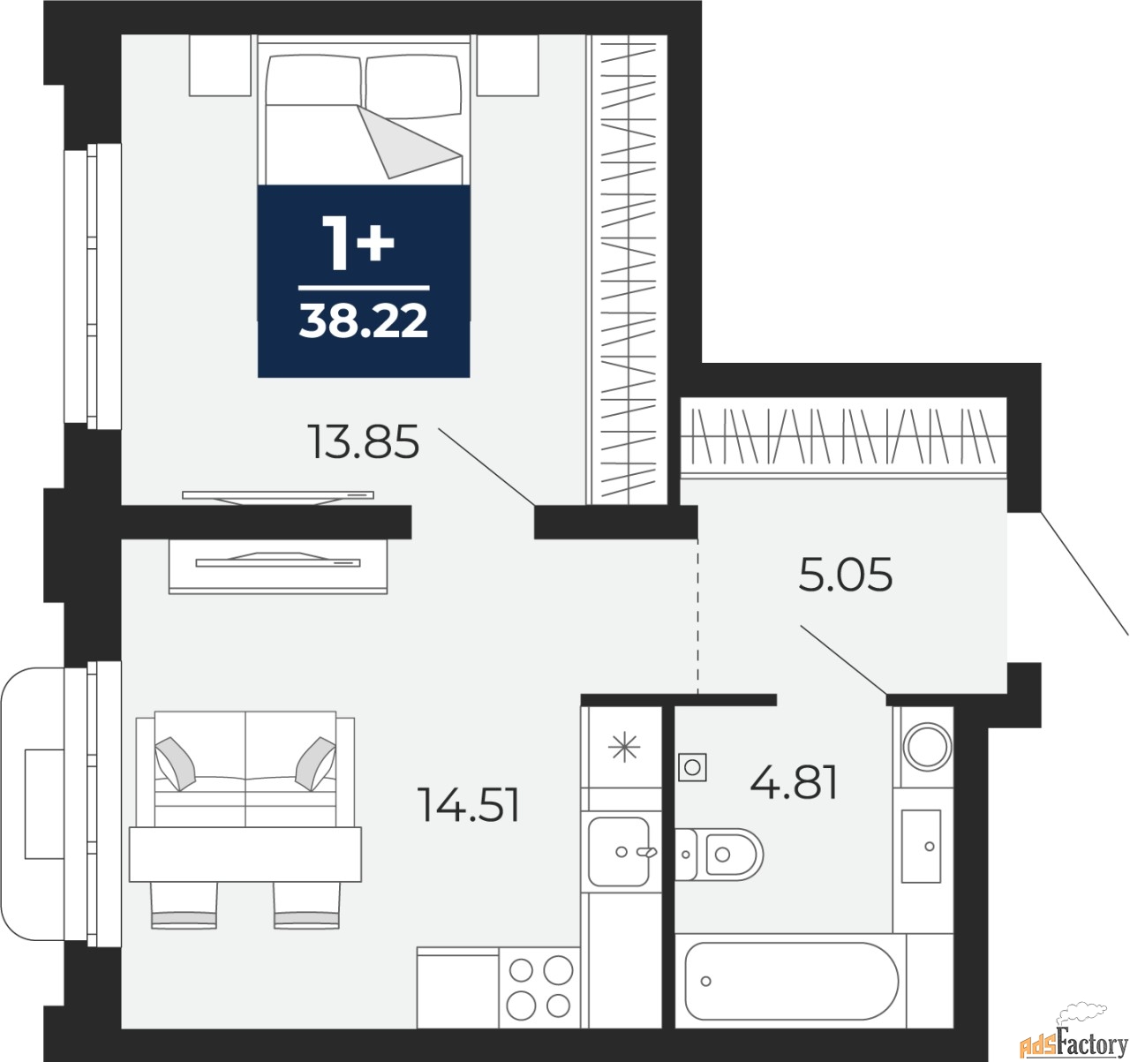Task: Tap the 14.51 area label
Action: (469, 805)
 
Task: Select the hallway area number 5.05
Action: (845, 576)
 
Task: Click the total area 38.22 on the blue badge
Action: (363, 322)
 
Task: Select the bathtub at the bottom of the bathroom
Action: (791, 981)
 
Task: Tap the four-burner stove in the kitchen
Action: (539, 987)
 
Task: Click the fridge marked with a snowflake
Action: (623, 749)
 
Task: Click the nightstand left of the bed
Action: (220, 65)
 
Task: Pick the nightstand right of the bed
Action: (508, 65)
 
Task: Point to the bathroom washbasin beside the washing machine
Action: (923, 846)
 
